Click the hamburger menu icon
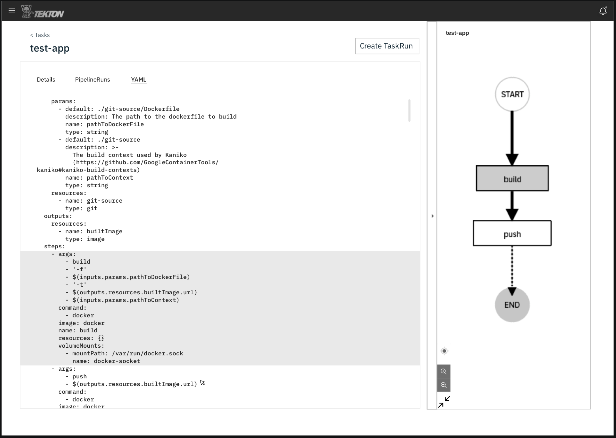click(12, 11)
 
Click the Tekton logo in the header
click(43, 12)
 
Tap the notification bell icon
click(603, 11)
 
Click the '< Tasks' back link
click(40, 35)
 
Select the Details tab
click(46, 80)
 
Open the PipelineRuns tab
click(93, 80)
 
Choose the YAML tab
click(139, 80)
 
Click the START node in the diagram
click(512, 94)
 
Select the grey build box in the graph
click(512, 179)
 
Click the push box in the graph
click(512, 233)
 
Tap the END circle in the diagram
click(512, 305)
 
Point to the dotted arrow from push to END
click(512, 267)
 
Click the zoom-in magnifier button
click(444, 371)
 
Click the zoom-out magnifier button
click(444, 385)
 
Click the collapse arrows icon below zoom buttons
click(444, 402)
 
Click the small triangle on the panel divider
click(432, 216)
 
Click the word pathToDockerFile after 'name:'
click(115, 124)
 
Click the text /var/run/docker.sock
click(147, 353)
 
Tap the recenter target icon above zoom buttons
click(444, 351)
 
